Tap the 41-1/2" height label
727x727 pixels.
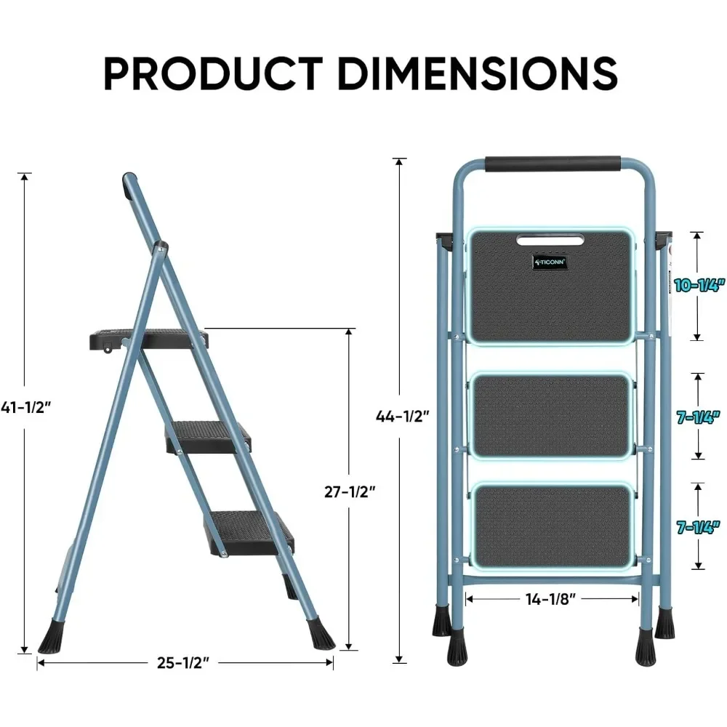[27, 409]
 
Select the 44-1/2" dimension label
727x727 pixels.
[402, 417]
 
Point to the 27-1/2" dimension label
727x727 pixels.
[350, 491]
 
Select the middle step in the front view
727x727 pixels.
[551, 416]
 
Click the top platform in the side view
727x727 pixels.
[149, 337]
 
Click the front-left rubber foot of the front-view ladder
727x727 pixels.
[441, 619]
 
